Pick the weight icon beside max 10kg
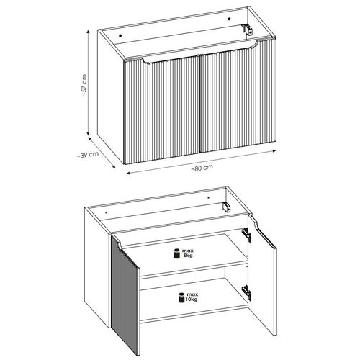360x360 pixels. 175,295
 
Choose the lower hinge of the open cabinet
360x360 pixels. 246,292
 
